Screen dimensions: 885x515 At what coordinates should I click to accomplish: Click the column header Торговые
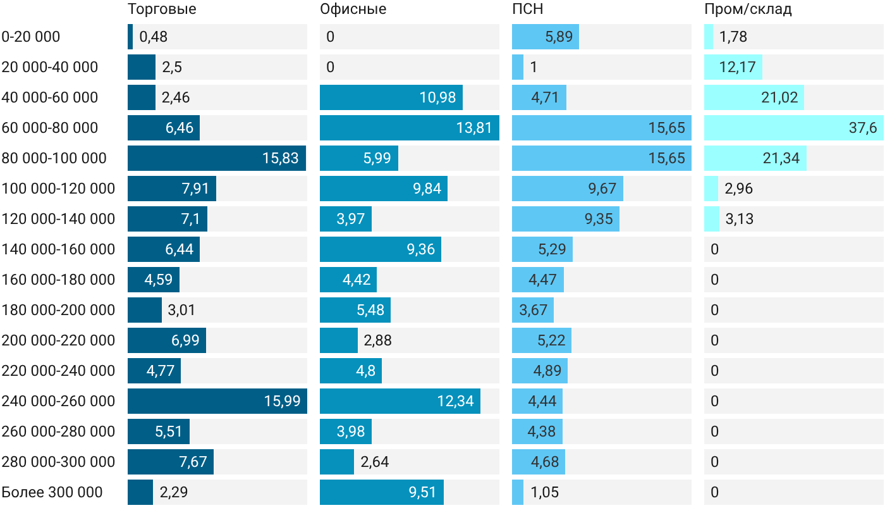point(162,9)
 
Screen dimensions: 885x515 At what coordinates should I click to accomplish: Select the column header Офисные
point(353,9)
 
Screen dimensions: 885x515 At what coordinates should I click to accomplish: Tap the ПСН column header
point(527,9)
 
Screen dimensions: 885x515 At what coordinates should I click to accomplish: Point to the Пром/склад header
point(748,9)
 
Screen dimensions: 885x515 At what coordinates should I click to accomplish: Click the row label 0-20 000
point(31,37)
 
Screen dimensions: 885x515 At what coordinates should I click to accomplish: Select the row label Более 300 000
point(52,492)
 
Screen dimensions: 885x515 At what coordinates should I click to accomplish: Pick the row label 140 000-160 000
point(58,249)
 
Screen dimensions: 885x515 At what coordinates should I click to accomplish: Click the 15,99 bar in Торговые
point(217,401)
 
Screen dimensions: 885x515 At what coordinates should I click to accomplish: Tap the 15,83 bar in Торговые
point(216,158)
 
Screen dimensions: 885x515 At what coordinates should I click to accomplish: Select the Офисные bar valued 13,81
point(410,128)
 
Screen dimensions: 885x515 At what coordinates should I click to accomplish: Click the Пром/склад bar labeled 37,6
point(794,128)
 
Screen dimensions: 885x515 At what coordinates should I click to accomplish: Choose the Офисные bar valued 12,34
point(400,401)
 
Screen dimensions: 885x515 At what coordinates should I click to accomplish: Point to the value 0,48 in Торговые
point(153,37)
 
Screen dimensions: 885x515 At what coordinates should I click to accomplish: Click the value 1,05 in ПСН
point(544,492)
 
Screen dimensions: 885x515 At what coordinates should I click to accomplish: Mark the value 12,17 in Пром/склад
point(737,67)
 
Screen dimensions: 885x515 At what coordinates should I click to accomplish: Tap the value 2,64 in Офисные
point(374,462)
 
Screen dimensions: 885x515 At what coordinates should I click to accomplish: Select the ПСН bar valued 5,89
point(546,37)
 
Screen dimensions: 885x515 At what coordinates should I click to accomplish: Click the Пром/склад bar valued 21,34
point(755,158)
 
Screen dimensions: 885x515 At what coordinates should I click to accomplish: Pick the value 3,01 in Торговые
point(181,310)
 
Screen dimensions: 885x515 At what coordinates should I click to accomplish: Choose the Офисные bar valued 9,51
point(382,492)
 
